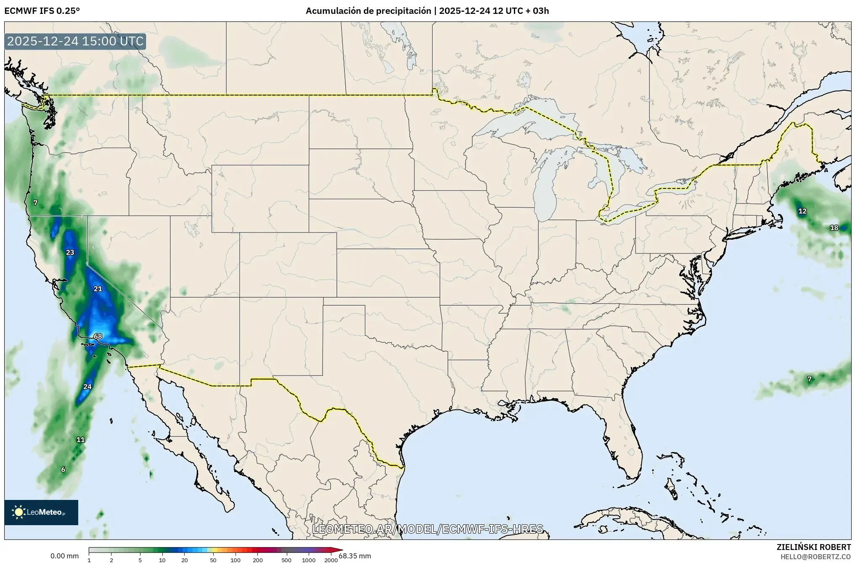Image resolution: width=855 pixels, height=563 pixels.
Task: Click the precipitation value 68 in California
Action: (x=98, y=336)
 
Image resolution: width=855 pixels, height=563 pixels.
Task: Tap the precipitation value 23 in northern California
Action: (x=70, y=252)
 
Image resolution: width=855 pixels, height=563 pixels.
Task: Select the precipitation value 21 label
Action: (x=98, y=288)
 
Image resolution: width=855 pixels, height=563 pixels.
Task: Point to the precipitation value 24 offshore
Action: (x=87, y=386)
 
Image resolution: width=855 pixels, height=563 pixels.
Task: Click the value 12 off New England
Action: (x=802, y=211)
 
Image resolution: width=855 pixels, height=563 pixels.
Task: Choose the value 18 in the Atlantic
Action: (x=834, y=228)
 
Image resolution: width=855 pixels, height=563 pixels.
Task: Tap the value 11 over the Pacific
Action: (x=80, y=440)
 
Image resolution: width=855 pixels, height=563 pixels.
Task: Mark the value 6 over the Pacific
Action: (x=63, y=470)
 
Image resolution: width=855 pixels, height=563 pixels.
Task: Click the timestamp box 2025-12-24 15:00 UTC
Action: (x=75, y=42)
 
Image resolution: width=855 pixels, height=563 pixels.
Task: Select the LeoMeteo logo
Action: (x=41, y=512)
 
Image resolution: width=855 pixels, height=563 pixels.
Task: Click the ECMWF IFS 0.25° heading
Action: (x=42, y=11)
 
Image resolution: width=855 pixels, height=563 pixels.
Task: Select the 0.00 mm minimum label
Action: (x=64, y=556)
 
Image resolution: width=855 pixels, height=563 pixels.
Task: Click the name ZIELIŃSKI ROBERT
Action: (x=813, y=547)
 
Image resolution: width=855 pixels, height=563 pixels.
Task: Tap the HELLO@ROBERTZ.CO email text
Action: (x=815, y=557)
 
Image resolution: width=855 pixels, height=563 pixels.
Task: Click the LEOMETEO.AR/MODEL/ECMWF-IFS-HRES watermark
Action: (x=428, y=529)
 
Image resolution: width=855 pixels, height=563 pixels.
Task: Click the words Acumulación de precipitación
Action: (x=368, y=11)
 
